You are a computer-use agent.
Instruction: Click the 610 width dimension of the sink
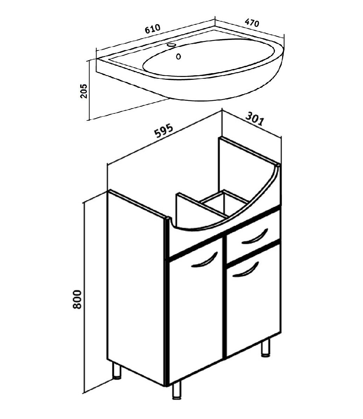click(x=152, y=29)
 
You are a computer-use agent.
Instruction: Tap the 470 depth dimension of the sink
click(x=252, y=23)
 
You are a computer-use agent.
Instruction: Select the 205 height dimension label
click(x=84, y=91)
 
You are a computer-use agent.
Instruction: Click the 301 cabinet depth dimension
click(x=254, y=119)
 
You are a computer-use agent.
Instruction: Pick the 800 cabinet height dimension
click(x=77, y=299)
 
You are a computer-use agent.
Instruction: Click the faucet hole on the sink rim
click(x=172, y=45)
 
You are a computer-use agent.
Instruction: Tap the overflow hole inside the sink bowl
click(x=178, y=56)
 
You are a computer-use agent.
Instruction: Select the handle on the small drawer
click(x=254, y=236)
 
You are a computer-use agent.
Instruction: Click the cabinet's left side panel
click(x=136, y=288)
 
